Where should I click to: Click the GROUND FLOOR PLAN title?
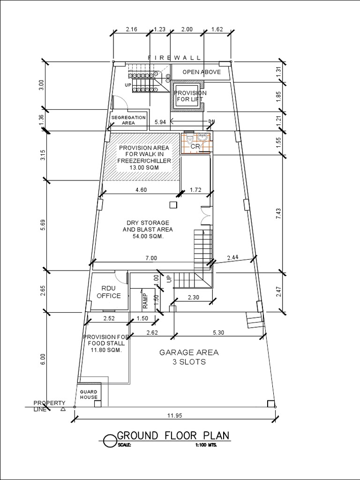[173, 435]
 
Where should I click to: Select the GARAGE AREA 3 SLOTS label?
[182, 357]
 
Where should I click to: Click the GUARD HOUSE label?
[89, 394]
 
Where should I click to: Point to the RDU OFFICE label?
[108, 292]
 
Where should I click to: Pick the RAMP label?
[145, 300]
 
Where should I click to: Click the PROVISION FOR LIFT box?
[187, 96]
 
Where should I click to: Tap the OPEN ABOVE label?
[202, 72]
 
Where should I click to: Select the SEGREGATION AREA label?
[128, 120]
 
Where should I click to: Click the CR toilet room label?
[195, 147]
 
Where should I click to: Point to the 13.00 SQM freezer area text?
[144, 167]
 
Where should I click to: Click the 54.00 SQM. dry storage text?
[148, 236]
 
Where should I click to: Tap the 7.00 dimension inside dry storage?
[151, 258]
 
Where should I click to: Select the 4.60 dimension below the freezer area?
[141, 190]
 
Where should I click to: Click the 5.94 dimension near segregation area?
[160, 122]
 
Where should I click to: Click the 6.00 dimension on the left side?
[43, 359]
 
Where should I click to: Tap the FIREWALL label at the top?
[174, 57]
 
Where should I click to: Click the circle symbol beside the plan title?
[109, 441]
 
